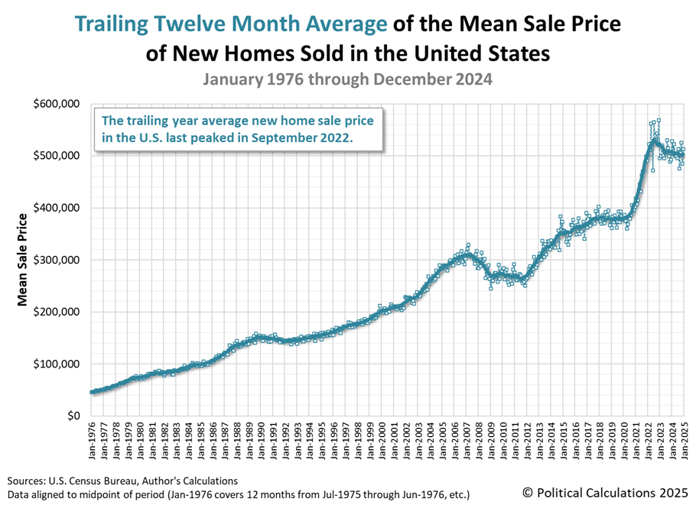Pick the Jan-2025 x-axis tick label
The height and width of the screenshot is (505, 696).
[685, 442]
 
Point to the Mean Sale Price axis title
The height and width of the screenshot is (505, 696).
[23, 260]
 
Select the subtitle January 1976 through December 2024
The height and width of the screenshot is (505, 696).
[347, 79]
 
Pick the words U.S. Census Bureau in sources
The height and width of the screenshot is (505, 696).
[102, 481]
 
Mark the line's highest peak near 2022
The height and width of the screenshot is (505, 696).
[654, 141]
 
